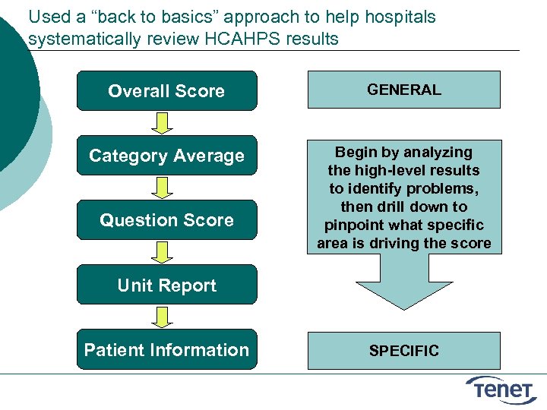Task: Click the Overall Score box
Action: click(x=166, y=91)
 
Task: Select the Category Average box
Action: click(x=166, y=156)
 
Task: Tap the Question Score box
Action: click(x=166, y=220)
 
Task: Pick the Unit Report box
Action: click(x=166, y=285)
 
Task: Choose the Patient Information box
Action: click(x=166, y=350)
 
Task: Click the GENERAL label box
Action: click(x=403, y=90)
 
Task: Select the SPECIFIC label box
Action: click(x=403, y=351)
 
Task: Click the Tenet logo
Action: click(x=501, y=389)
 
